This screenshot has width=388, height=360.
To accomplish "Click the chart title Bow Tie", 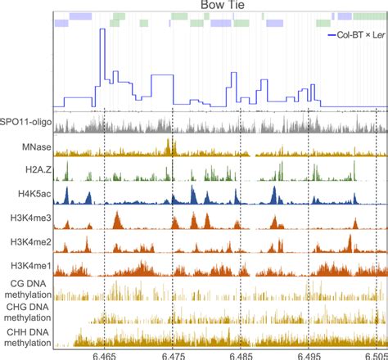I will click(218, 6).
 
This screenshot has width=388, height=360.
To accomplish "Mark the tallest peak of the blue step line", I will click(102, 30).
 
